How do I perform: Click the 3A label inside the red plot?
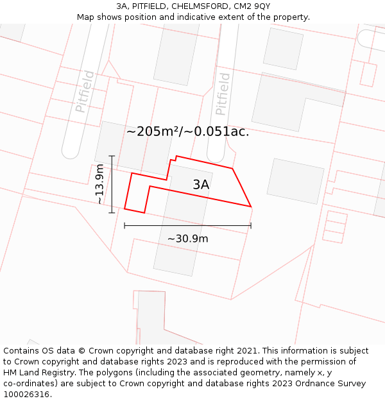(201, 185)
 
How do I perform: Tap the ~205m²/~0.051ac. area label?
(187, 132)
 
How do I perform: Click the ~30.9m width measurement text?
(187, 239)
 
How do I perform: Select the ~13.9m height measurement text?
(99, 184)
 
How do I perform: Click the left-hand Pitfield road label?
(85, 92)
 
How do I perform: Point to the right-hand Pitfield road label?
(223, 94)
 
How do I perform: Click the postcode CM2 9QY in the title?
(253, 6)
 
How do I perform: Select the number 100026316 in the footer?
(26, 395)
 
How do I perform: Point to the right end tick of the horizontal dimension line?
(251, 225)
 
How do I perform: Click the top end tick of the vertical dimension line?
(112, 156)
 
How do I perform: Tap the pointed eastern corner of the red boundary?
(251, 207)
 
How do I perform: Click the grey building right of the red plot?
(296, 181)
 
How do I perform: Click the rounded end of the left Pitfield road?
(71, 154)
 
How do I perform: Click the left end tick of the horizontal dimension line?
(124, 225)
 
